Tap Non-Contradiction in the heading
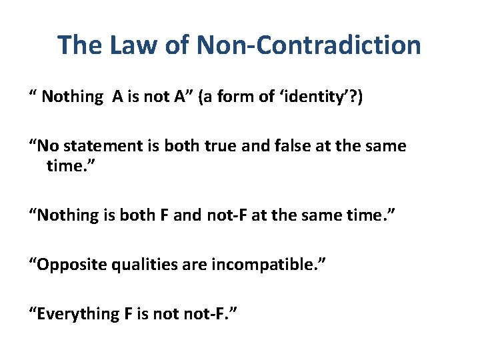click(307, 45)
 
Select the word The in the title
click(79, 45)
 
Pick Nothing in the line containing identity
click(72, 97)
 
